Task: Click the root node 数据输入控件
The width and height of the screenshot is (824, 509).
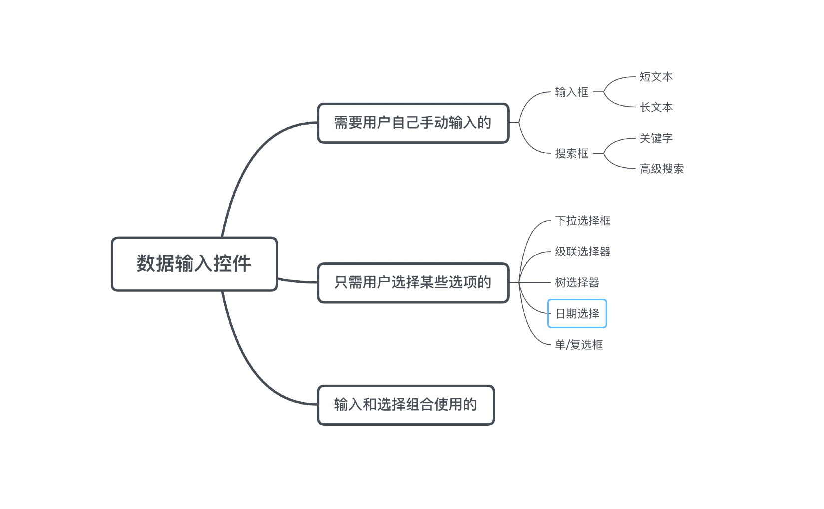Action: point(194,264)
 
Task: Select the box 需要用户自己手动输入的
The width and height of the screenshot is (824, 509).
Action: point(412,123)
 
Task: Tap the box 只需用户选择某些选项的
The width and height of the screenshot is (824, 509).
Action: point(412,283)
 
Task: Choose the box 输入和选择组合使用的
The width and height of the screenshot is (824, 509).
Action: point(406,405)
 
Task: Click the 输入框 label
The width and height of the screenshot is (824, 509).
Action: point(571,92)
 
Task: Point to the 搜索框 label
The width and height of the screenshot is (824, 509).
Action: point(571,154)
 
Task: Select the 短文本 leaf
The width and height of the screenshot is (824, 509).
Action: point(656,77)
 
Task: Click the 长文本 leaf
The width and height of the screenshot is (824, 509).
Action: point(656,107)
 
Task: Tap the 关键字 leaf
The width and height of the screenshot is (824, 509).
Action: point(656,138)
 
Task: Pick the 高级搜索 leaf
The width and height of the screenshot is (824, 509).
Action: point(661,169)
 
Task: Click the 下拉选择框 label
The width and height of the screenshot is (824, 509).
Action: point(582,221)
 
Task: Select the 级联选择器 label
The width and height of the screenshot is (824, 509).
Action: point(582,252)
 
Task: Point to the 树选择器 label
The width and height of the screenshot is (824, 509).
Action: point(577,283)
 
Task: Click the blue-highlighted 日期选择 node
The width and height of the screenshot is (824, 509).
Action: point(577,314)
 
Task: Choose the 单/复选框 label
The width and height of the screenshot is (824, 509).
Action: point(579,345)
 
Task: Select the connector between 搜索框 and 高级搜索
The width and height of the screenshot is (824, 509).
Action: point(617,165)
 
